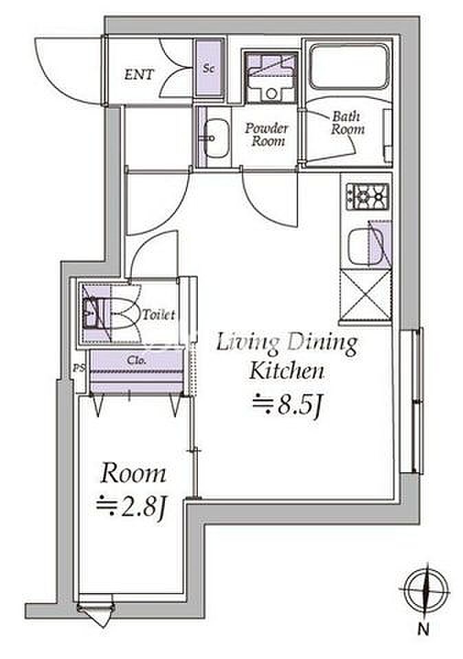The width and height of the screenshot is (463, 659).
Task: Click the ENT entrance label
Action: pyautogui.click(x=139, y=75)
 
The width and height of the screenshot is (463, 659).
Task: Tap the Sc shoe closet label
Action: pyautogui.click(x=209, y=68)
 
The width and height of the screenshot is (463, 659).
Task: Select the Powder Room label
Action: pyautogui.click(x=267, y=134)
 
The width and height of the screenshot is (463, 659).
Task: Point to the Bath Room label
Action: pyautogui.click(x=347, y=122)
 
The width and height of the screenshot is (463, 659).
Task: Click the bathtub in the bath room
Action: pyautogui.click(x=350, y=67)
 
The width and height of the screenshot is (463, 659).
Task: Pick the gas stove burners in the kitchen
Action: pyautogui.click(x=368, y=196)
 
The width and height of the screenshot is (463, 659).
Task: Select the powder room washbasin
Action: pyautogui.click(x=216, y=138)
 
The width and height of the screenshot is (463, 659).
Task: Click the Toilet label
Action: pyautogui.click(x=159, y=315)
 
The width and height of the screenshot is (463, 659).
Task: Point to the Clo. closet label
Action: pyautogui.click(x=137, y=360)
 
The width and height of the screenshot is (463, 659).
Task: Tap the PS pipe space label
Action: pyautogui.click(x=79, y=368)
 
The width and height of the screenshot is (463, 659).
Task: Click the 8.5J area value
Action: pyautogui.click(x=287, y=406)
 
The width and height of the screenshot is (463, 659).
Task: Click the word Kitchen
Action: pyautogui.click(x=287, y=371)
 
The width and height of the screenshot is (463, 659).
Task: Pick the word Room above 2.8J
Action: pyautogui.click(x=133, y=473)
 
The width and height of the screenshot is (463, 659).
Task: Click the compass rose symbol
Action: pyautogui.click(x=426, y=589)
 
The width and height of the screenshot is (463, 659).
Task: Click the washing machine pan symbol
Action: pyautogui.click(x=271, y=78)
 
